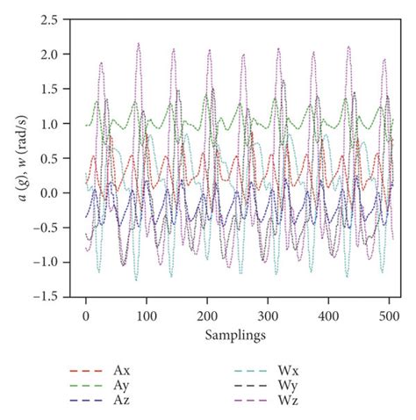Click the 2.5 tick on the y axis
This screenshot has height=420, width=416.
(x=60, y=19)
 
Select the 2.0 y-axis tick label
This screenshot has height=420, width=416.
(x=60, y=54)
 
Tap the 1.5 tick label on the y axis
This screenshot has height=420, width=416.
(x=60, y=89)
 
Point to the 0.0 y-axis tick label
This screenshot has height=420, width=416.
(x=60, y=193)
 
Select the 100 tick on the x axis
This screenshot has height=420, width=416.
(x=147, y=314)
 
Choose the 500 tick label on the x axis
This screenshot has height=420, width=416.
(x=389, y=314)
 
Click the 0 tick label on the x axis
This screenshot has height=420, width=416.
(x=86, y=314)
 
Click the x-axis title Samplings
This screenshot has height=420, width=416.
(x=237, y=335)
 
